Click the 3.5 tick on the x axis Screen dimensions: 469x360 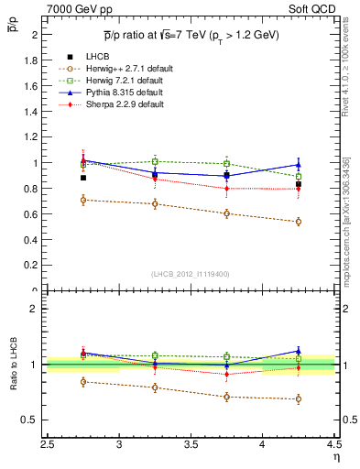coord(191,445)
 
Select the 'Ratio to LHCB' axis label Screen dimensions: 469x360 coord(14,365)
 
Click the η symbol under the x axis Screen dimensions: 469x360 coord(336,457)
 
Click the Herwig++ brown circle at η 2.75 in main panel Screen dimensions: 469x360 coord(83,200)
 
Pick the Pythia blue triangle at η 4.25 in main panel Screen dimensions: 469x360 coord(298,165)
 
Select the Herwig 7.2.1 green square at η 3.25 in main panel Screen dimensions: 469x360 coord(155,162)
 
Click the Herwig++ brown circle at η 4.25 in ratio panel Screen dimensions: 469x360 coord(298,398)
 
